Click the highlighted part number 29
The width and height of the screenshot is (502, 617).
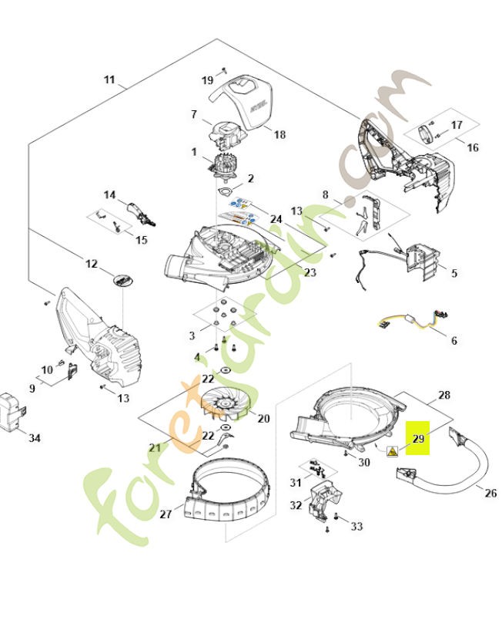[418, 439]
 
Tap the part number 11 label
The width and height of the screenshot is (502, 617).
[109, 79]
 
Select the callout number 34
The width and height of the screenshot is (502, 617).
[34, 438]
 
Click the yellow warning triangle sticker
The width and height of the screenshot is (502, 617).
[393, 453]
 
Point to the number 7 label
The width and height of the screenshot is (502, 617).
[195, 114]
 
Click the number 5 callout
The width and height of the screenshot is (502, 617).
[454, 273]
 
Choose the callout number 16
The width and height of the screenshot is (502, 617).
[474, 147]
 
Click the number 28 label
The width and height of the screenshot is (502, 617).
[443, 395]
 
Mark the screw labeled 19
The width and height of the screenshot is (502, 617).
[224, 69]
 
